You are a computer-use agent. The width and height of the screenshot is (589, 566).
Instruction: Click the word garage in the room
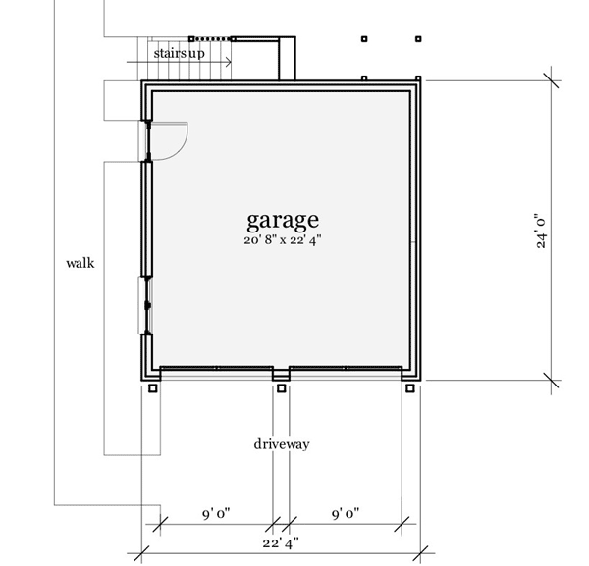(x=282, y=219)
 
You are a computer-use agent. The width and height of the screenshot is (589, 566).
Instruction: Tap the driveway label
(x=282, y=444)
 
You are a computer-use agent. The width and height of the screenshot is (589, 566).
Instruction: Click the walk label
(x=80, y=263)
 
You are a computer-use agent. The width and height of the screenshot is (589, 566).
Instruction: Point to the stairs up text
(x=179, y=52)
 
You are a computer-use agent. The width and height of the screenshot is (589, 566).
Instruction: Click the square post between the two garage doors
(x=282, y=388)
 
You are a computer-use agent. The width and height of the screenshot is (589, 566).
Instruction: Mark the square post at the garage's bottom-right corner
(x=410, y=388)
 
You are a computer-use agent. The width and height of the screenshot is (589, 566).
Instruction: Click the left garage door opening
(x=216, y=371)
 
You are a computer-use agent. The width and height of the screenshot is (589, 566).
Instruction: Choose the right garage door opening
(x=346, y=371)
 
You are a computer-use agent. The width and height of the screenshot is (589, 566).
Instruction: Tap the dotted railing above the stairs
(x=211, y=36)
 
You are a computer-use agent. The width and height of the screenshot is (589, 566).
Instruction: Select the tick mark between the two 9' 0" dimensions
(x=276, y=524)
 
